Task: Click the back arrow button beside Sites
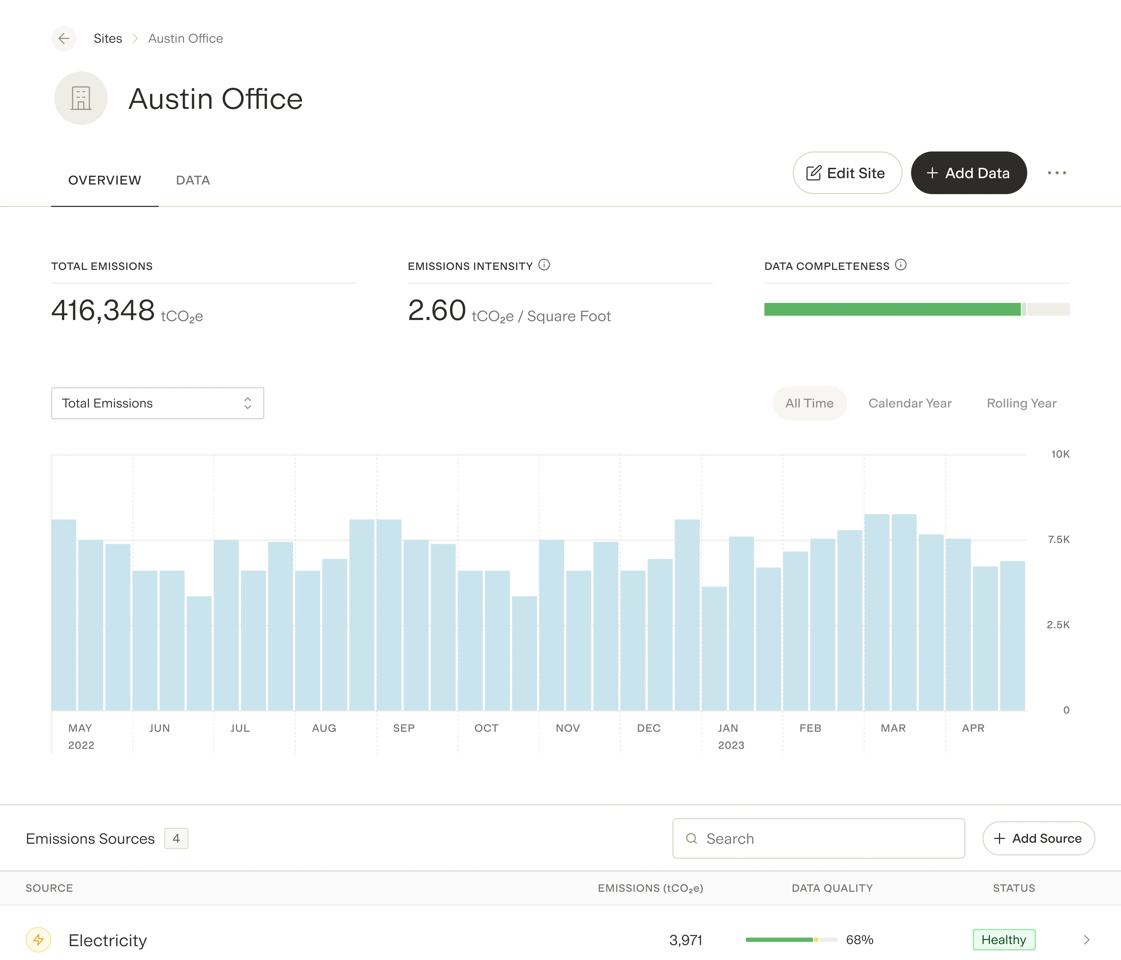click(x=64, y=38)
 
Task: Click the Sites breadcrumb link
click(x=108, y=38)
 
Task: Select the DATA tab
click(x=193, y=180)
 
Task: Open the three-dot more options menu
click(x=1057, y=173)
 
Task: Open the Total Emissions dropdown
click(x=157, y=403)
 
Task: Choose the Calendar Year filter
click(x=910, y=403)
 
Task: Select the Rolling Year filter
click(x=1021, y=403)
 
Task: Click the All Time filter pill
click(x=809, y=403)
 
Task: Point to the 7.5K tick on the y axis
click(x=1059, y=539)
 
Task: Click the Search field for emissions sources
click(x=819, y=839)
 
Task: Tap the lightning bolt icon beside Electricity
click(x=38, y=940)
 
